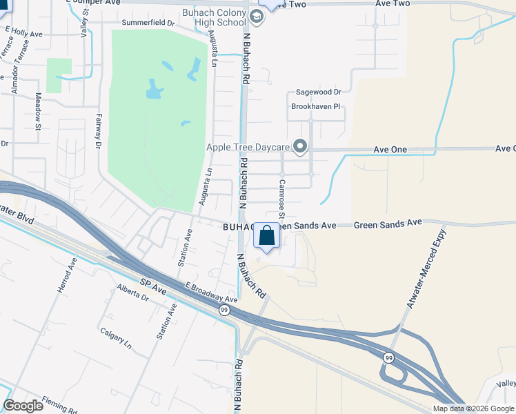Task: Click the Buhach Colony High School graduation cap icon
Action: click(x=257, y=17)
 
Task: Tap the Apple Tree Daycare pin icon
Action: click(x=300, y=146)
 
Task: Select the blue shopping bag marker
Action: click(x=267, y=237)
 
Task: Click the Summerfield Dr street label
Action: click(x=148, y=22)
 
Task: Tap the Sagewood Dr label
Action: click(x=319, y=92)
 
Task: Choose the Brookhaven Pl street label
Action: click(x=316, y=107)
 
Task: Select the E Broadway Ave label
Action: click(x=211, y=292)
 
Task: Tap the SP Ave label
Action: click(x=154, y=283)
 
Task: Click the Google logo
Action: click(x=23, y=406)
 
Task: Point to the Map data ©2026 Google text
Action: click(x=473, y=408)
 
